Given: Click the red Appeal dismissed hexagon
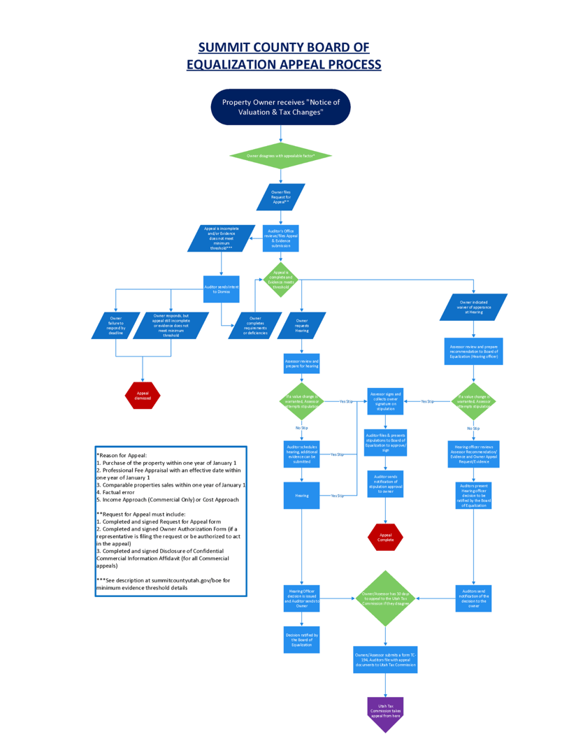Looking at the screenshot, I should point(143,395).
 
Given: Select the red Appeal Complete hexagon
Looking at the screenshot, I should point(386,537).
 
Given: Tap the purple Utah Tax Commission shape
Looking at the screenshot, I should point(386,713).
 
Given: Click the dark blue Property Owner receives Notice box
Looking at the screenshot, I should point(280,107).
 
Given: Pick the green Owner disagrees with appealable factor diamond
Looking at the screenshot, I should point(280,155).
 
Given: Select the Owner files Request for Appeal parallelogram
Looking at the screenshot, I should point(280,196).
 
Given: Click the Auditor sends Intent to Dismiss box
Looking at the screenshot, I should point(222,289).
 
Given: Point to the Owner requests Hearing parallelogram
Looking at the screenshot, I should point(301,326).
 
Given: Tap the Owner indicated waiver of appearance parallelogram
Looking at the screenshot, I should point(473,308).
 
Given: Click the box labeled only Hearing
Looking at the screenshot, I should point(301,495).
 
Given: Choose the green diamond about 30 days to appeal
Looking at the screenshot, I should point(386,598).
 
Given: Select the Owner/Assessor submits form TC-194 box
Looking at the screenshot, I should point(386,659).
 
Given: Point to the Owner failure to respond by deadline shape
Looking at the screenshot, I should point(116,326).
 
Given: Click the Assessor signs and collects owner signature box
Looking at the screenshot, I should point(386,401).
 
